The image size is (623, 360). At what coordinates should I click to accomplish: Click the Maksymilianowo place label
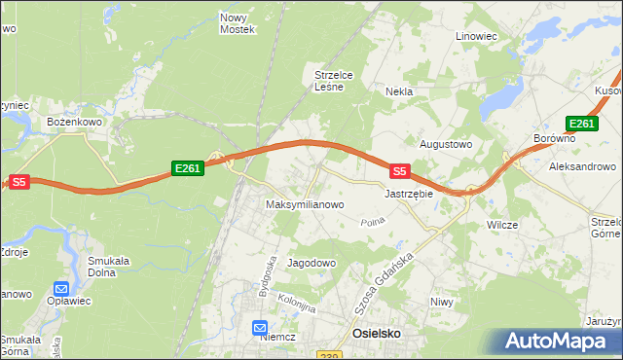[306, 205]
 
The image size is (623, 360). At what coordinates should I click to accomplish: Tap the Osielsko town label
[375, 334]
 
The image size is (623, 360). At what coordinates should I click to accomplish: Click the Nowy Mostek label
[238, 23]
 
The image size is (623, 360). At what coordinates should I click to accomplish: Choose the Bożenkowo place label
[76, 123]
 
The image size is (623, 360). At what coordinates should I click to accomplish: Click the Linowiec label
[477, 36]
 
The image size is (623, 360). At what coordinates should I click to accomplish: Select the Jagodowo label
[311, 264]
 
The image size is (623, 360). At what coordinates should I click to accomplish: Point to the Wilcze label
[502, 225]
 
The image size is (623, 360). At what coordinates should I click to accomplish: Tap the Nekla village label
[399, 91]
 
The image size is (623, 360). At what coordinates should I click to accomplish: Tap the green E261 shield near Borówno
[581, 123]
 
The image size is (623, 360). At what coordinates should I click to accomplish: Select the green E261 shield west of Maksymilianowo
[187, 168]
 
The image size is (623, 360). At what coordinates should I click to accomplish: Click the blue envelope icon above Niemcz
[260, 329]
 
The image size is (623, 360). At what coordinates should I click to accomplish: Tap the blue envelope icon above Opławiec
[61, 289]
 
